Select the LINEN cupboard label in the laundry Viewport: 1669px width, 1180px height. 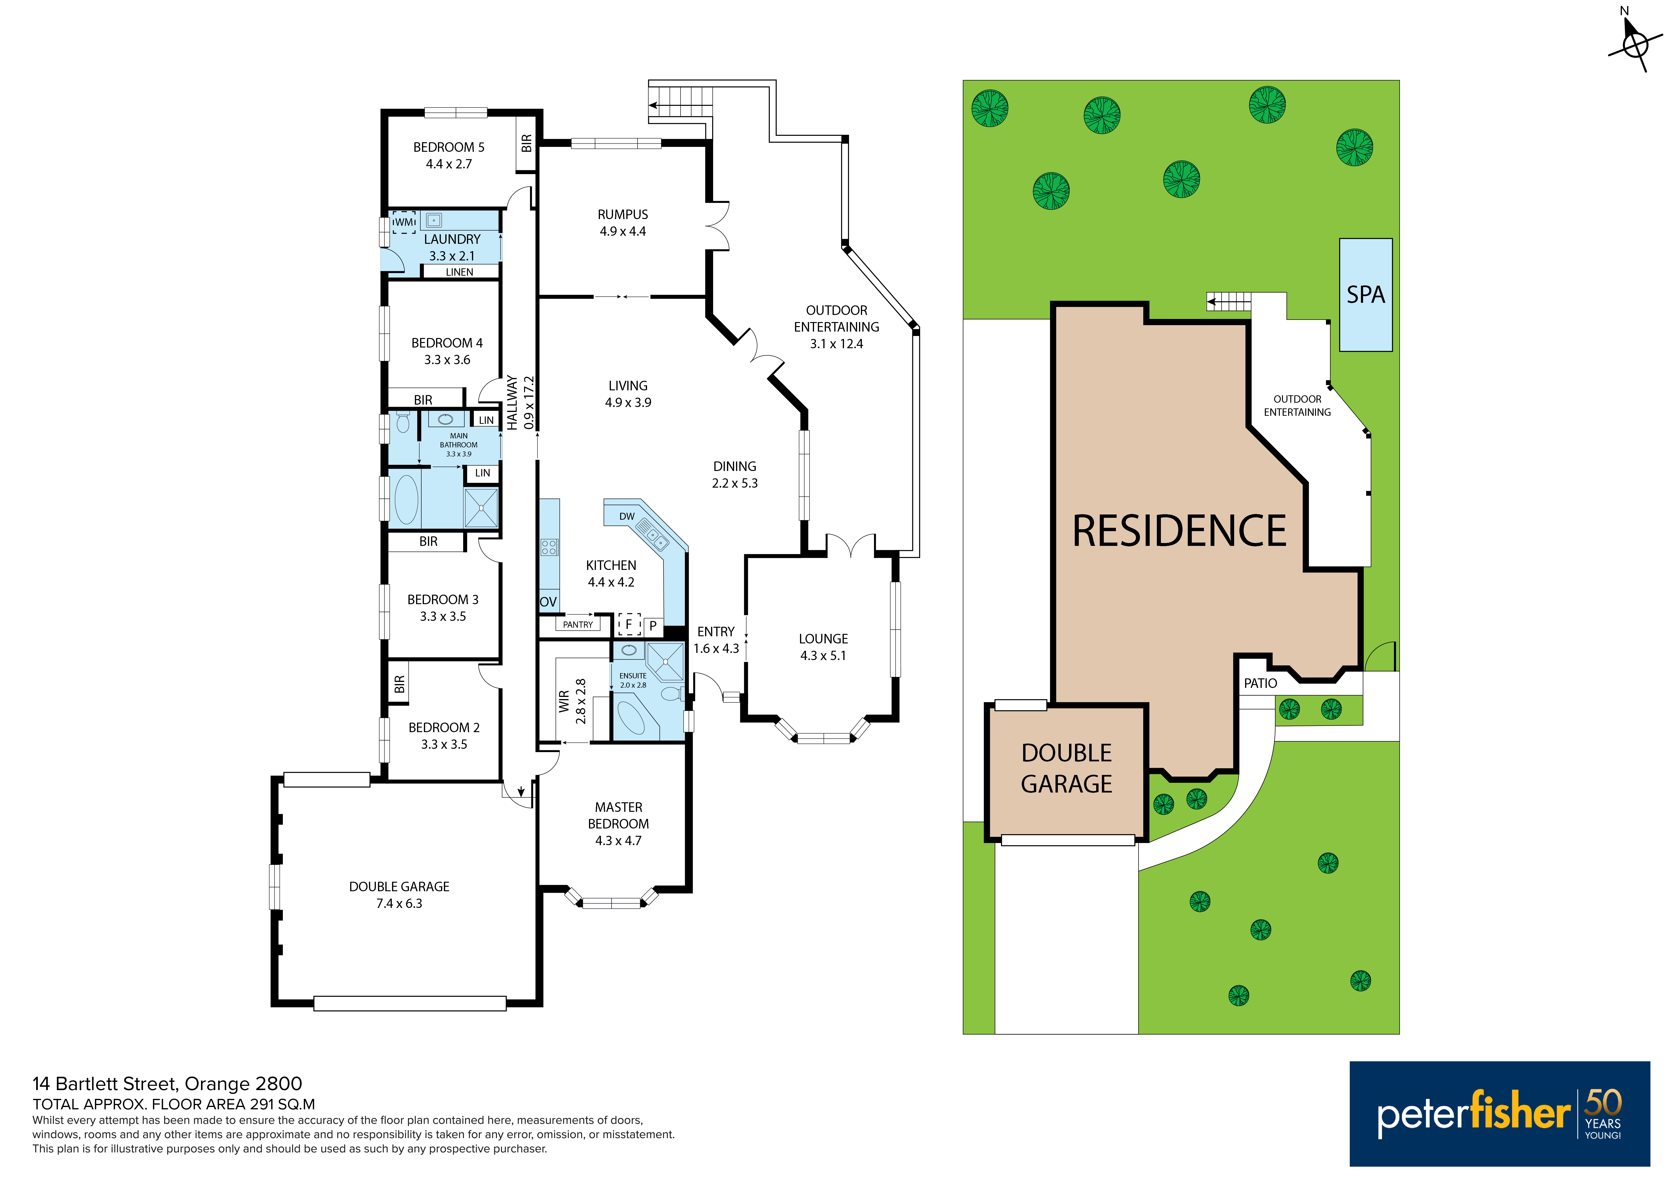click(x=459, y=272)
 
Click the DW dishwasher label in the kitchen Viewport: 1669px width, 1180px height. click(x=627, y=516)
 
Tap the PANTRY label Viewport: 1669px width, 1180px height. click(x=578, y=625)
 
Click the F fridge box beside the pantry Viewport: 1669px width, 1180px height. click(x=629, y=624)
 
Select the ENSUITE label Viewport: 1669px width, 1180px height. click(x=633, y=676)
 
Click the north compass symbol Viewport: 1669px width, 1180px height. click(x=1635, y=44)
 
